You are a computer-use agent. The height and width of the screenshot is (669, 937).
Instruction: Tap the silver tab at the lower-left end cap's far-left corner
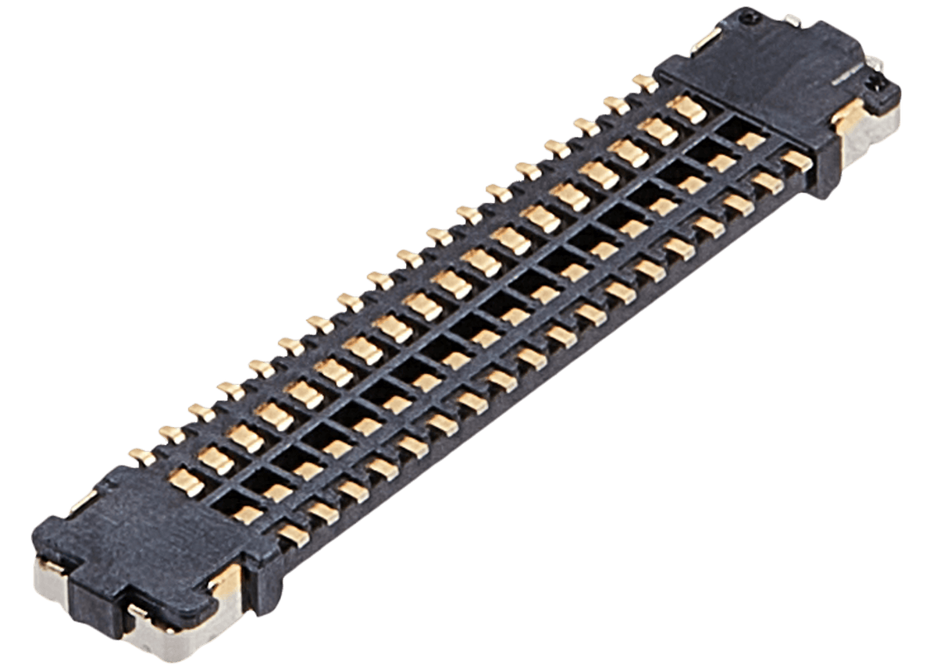(x=48, y=582)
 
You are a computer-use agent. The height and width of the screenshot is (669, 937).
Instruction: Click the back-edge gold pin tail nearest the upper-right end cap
(x=645, y=82)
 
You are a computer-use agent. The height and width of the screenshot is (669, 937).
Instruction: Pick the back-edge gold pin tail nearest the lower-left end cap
(x=141, y=455)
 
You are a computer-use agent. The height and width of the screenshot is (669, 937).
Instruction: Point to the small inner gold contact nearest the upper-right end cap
(x=750, y=141)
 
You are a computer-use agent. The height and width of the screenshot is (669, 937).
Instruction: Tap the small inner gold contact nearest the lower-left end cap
(x=248, y=514)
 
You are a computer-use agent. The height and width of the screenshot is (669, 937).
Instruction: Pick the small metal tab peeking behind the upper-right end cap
(x=793, y=20)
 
